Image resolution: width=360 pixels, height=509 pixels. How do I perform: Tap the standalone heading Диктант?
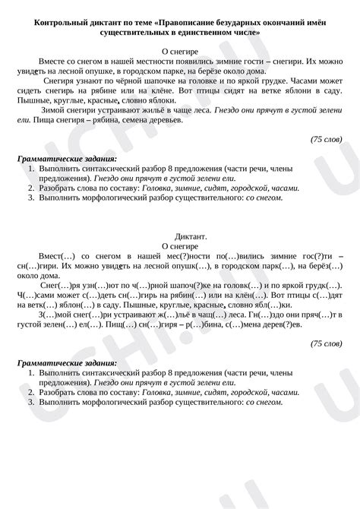pyautogui.click(x=180, y=236)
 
